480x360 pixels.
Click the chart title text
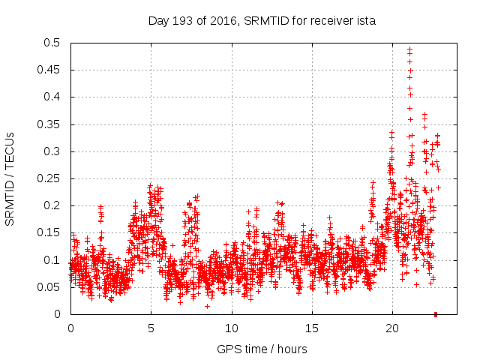pyautogui.click(x=262, y=21)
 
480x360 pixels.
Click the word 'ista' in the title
pyautogui.click(x=365, y=21)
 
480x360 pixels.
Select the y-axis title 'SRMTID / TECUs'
pyautogui.click(x=10, y=178)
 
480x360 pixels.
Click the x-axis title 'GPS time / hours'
pyautogui.click(x=262, y=349)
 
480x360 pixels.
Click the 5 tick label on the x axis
pyautogui.click(x=151, y=328)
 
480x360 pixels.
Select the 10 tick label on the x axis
pyautogui.click(x=232, y=328)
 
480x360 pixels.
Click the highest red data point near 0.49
pyautogui.click(x=409, y=49)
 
